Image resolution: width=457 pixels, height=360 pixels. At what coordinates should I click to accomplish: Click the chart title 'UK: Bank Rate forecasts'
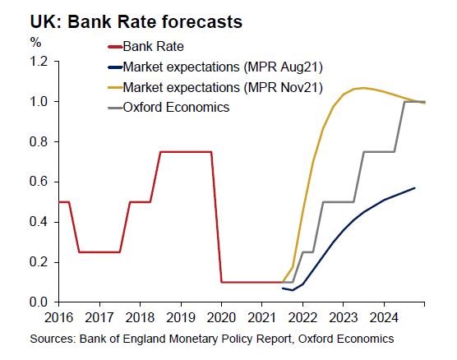tap(136, 21)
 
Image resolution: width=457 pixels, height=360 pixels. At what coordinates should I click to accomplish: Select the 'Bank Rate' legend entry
tap(145, 46)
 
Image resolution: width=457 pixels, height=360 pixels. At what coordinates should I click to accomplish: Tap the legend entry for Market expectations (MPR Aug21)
tap(215, 67)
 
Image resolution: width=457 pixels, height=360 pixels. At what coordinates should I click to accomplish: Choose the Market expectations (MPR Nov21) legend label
tap(215, 87)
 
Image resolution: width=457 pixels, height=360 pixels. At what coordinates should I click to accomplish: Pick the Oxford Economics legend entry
tap(168, 108)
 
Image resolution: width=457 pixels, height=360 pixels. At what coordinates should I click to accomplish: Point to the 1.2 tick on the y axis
tap(39, 62)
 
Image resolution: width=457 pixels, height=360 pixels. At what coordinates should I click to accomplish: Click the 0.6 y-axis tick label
tap(39, 182)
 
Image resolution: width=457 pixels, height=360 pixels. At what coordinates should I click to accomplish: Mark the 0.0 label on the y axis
tap(39, 302)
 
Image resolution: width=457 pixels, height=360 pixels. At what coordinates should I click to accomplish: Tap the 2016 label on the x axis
tap(58, 317)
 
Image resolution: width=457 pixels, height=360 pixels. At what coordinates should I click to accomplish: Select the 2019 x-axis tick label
tap(181, 317)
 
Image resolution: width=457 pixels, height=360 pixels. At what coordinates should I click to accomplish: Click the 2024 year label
tap(384, 317)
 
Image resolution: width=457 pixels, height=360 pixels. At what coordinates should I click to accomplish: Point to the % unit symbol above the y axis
tap(35, 43)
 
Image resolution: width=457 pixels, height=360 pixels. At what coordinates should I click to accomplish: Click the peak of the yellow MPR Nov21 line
tap(362, 88)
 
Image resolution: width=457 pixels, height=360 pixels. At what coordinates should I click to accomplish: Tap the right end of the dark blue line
tap(414, 188)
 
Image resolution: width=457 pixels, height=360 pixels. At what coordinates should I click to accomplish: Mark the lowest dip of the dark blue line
tap(293, 290)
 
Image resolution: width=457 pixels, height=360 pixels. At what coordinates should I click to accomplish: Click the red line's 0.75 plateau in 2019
tap(186, 151)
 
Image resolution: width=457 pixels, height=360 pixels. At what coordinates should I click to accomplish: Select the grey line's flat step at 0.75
tap(379, 151)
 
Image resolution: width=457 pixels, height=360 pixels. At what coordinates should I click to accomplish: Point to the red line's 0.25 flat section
tap(99, 252)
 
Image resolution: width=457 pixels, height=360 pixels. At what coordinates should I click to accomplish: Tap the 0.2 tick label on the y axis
tap(39, 262)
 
